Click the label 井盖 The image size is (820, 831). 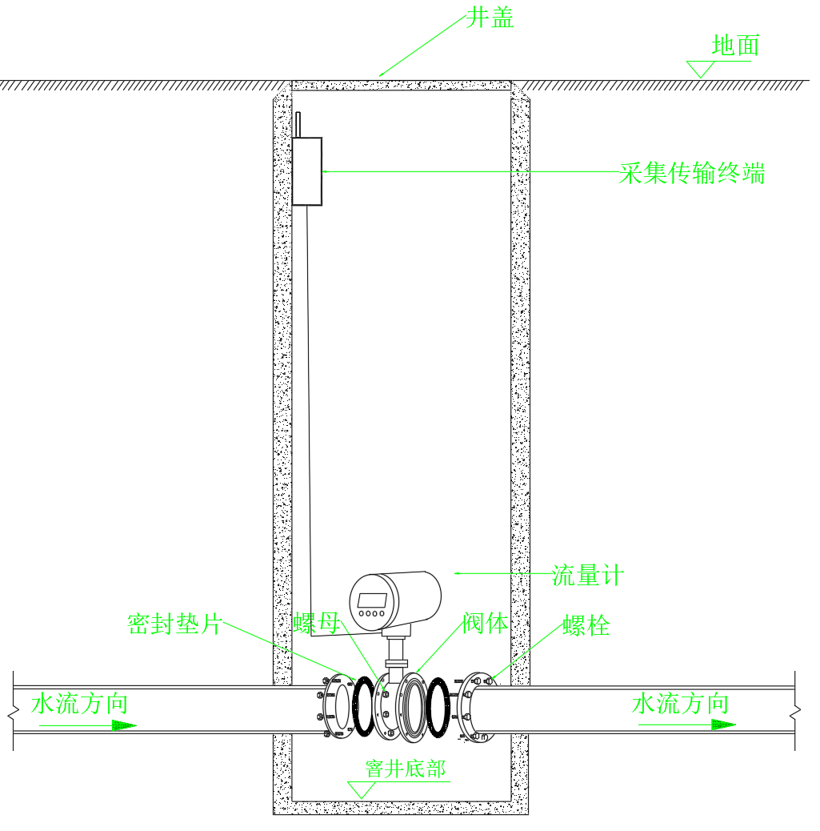click(x=490, y=18)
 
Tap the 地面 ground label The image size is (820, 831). click(x=735, y=46)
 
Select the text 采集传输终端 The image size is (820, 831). click(x=692, y=173)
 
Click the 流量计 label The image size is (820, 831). click(x=587, y=575)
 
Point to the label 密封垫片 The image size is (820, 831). click(x=175, y=624)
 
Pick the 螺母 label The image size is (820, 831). click(x=317, y=623)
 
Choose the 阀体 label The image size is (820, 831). click(x=486, y=623)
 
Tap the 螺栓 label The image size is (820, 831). click(x=586, y=625)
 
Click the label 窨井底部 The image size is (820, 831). click(x=406, y=769)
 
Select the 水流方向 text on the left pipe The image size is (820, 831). click(x=79, y=704)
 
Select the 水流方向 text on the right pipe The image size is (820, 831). click(x=680, y=704)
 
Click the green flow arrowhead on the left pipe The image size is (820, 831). click(x=125, y=725)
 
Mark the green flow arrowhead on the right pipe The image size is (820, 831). click(x=723, y=725)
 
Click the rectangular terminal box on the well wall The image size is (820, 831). click(x=307, y=171)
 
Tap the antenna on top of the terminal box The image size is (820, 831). click(x=298, y=125)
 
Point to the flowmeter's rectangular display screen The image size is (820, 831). click(x=372, y=600)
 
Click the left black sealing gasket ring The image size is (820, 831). click(x=363, y=706)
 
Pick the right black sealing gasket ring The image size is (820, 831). click(x=438, y=708)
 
